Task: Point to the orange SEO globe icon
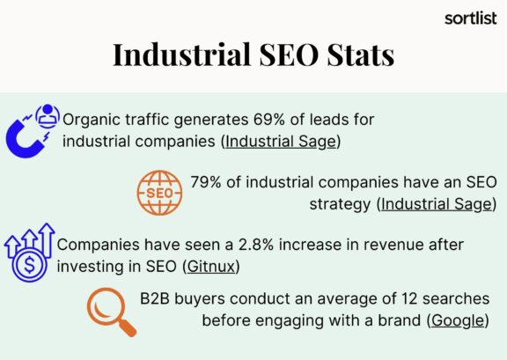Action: click(x=159, y=194)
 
